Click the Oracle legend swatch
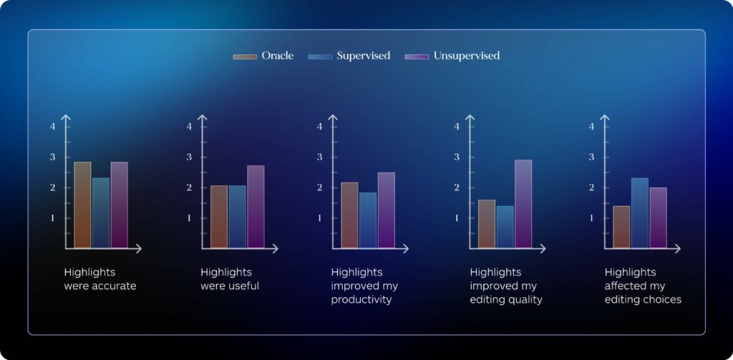click(245, 57)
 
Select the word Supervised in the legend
click(363, 56)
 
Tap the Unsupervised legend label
click(467, 56)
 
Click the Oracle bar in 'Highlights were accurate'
click(83, 205)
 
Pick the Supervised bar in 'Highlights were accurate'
click(101, 213)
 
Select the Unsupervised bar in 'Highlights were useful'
click(256, 207)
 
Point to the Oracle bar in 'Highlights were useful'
click(219, 216)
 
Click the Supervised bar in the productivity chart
click(368, 220)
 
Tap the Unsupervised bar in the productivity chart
click(386, 210)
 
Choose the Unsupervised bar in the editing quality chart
click(523, 204)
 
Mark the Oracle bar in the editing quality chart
click(487, 224)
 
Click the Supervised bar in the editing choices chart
click(640, 213)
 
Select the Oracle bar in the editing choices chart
click(622, 227)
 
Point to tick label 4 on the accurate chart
click(53, 126)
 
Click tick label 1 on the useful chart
click(189, 218)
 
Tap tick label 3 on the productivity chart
click(320, 157)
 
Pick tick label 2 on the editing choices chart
click(591, 188)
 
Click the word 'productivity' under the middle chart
click(361, 300)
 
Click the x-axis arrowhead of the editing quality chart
click(543, 249)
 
